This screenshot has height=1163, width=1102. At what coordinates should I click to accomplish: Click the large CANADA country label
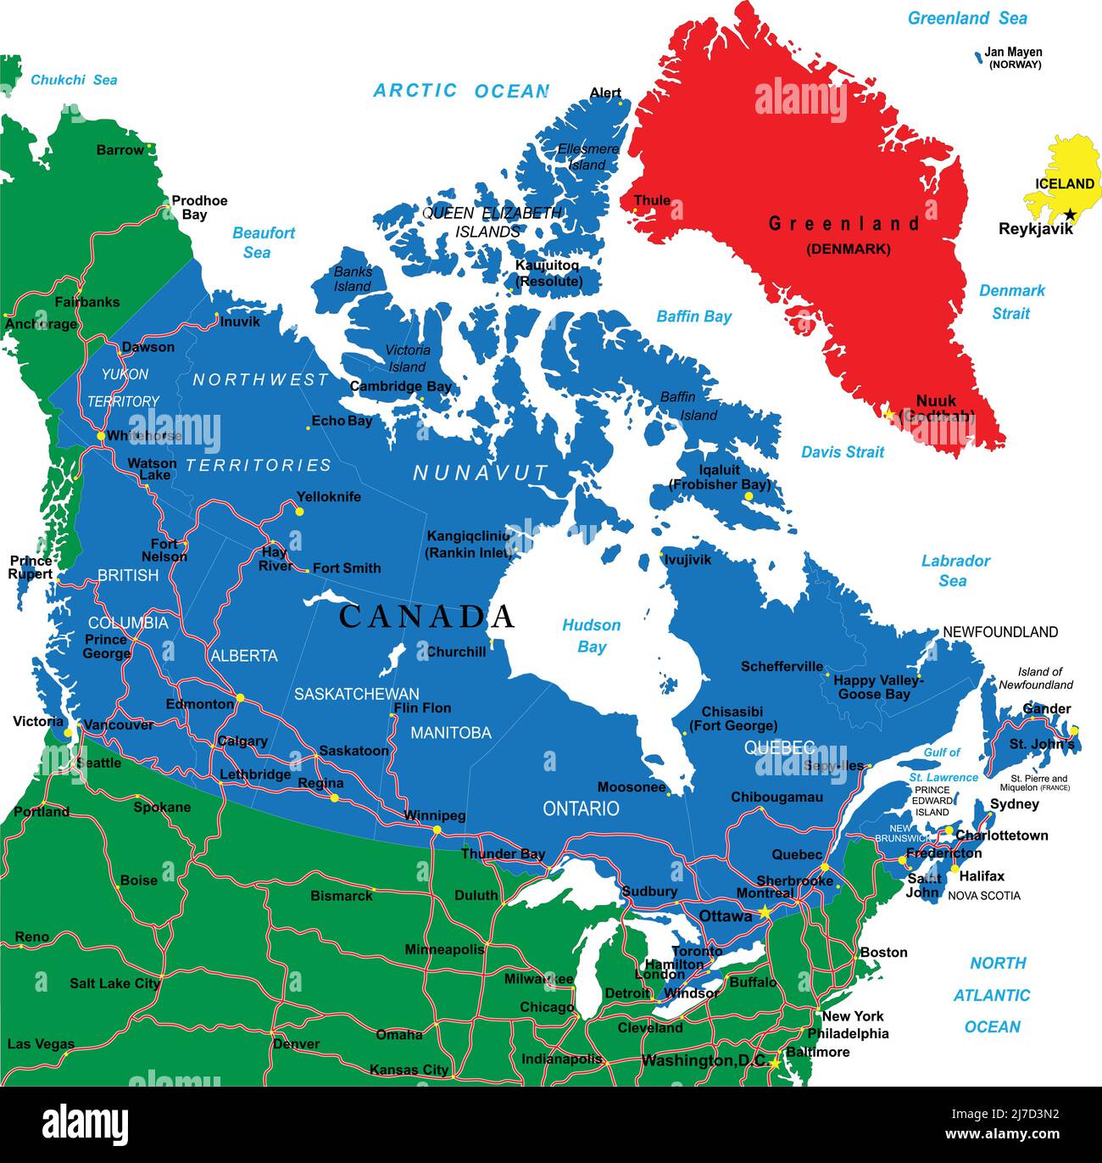[x=426, y=617]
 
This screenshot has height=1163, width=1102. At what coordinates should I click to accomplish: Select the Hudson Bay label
[x=592, y=635]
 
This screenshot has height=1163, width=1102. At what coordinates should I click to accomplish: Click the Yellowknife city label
[x=328, y=497]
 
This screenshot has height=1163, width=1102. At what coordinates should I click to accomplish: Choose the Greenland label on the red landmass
[x=843, y=224]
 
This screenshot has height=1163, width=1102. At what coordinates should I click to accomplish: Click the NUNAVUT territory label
[x=481, y=473]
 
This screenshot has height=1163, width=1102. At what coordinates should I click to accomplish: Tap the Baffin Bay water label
[x=693, y=316]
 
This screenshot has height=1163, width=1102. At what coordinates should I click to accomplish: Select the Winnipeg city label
[x=434, y=815]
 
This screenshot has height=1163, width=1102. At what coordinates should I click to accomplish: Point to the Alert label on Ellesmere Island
[x=605, y=92]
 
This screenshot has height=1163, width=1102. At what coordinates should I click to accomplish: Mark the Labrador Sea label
[x=955, y=570]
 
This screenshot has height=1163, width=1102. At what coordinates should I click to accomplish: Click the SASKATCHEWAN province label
[x=356, y=694]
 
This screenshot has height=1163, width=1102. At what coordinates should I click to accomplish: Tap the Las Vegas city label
[x=41, y=1044]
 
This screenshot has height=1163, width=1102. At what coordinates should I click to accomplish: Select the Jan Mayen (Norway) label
[x=1014, y=58]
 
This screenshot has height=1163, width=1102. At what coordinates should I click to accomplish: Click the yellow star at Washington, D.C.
[x=775, y=1061]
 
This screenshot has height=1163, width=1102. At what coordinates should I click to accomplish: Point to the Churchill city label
[x=456, y=652]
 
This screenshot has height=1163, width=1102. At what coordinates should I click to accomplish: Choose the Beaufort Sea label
[x=263, y=242]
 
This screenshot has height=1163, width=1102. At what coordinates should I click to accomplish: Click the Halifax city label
[x=982, y=876]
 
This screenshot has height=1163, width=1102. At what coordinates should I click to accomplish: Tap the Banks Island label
[x=353, y=279]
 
